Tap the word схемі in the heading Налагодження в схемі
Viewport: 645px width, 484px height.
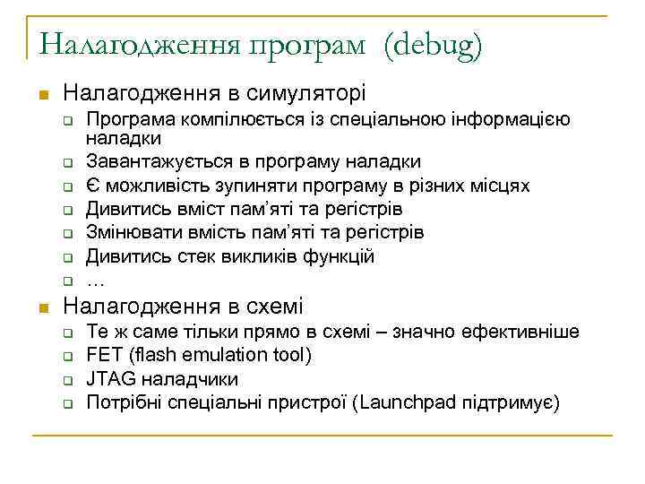[273, 305]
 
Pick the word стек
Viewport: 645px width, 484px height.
[177, 256]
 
